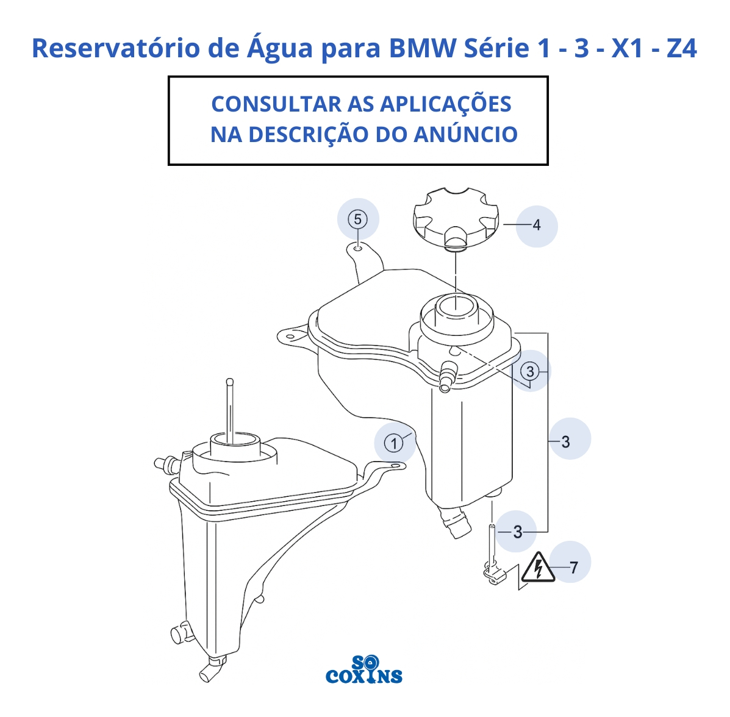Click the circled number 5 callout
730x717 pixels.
tap(357, 219)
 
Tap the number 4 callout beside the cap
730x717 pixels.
tap(536, 226)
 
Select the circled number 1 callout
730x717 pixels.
tap(394, 443)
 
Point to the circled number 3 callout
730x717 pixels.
tap(530, 371)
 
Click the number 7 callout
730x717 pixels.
tap(573, 568)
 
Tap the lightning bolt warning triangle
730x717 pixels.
tap(538, 568)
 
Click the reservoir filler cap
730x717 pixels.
tap(456, 218)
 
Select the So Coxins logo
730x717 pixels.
tap(364, 669)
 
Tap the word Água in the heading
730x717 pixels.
tap(279, 48)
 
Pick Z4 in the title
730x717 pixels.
tap(682, 48)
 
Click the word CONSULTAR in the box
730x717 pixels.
tap(276, 104)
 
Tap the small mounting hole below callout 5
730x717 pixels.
tap(357, 248)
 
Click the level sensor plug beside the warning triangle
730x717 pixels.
tap(493, 574)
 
